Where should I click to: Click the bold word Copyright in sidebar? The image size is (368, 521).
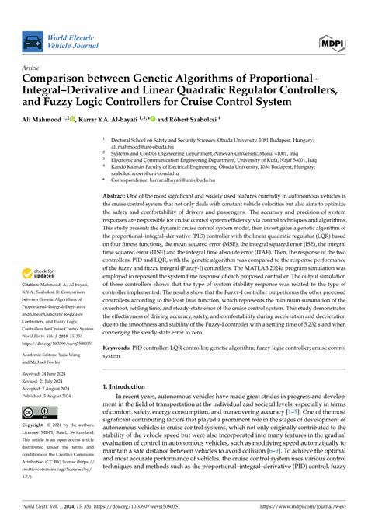[33, 426]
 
